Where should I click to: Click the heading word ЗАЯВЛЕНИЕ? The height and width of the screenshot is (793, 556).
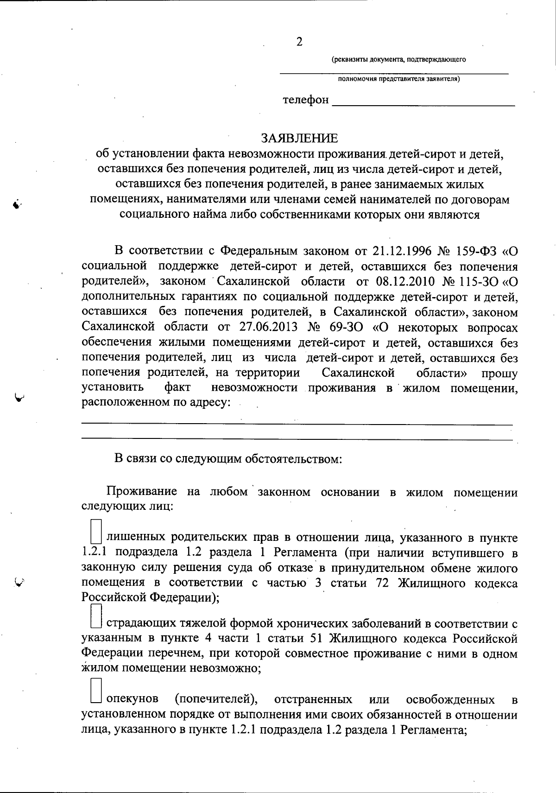299,138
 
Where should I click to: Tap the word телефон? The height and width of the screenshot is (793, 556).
306,100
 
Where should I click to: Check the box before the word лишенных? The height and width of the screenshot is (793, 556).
96,532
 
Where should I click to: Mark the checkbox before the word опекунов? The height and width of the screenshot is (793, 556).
96,692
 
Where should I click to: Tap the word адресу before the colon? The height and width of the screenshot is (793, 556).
207,403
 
